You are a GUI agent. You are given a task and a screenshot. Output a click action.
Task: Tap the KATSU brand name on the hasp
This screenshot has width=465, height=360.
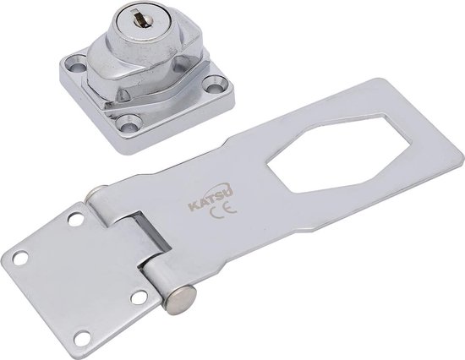pos(211,197)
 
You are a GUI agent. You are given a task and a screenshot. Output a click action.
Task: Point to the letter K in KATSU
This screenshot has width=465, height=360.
pos(193,207)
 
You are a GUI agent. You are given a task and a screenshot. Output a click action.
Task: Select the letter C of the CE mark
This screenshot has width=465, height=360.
pos(215,212)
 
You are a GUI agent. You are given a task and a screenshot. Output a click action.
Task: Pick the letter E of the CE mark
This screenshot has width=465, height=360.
pos(230,207)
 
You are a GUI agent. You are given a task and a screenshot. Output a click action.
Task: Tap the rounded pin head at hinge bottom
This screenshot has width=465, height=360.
pos(181,299)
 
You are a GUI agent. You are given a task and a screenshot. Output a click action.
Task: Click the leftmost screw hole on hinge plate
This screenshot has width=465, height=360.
pos(20,258)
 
